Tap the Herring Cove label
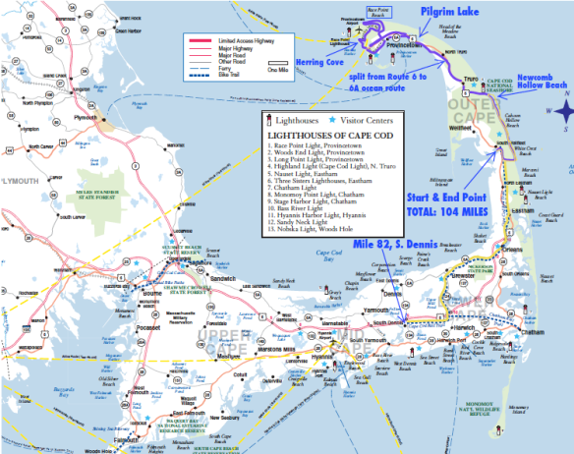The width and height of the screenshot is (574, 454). [x=296, y=61]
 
